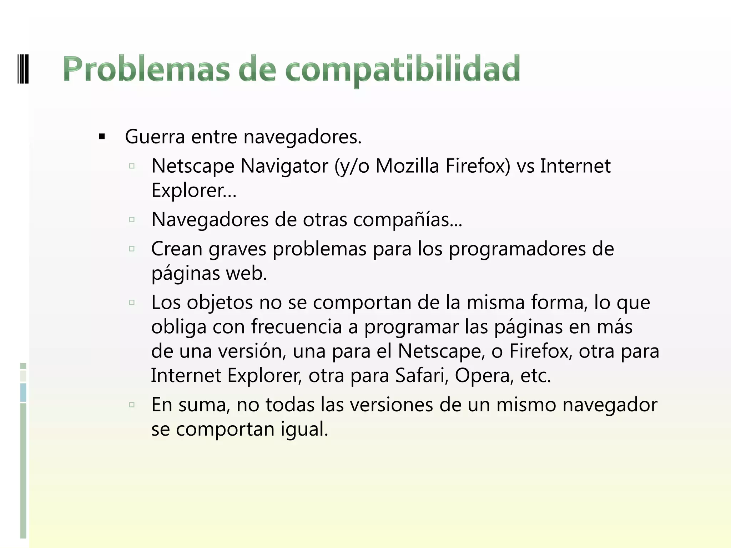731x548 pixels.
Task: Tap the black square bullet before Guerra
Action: (102, 137)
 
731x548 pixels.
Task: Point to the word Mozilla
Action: (407, 166)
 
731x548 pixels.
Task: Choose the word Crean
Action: (177, 249)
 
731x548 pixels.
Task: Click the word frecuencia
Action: (296, 327)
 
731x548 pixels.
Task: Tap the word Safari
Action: (422, 375)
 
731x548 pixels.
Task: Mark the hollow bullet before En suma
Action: (132, 405)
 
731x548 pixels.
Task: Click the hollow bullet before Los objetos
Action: (132, 303)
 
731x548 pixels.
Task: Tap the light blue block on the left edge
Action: (23, 392)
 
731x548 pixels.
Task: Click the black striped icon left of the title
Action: (23, 68)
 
